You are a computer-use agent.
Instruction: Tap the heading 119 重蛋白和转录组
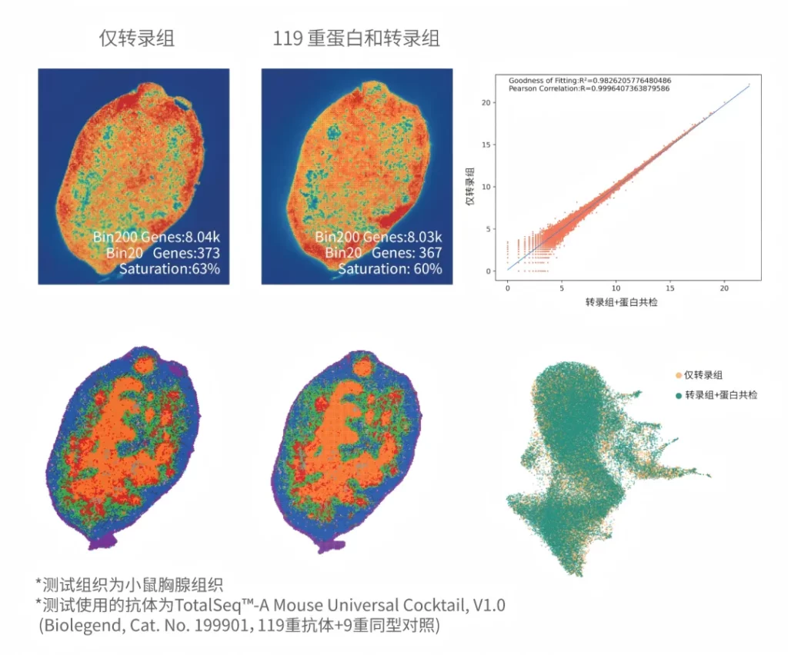point(356,38)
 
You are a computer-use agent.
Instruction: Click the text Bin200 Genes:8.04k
point(157,237)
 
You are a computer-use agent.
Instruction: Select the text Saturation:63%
point(169,269)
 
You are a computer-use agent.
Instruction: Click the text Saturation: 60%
point(390,269)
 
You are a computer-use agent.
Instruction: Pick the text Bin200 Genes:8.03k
point(379,237)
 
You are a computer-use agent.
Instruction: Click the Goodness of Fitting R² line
point(589,80)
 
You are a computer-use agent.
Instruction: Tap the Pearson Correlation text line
point(590,89)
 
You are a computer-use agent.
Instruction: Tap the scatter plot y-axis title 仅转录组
point(469,185)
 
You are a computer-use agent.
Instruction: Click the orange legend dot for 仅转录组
point(678,375)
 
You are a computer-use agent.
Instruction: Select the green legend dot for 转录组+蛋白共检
point(678,394)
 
